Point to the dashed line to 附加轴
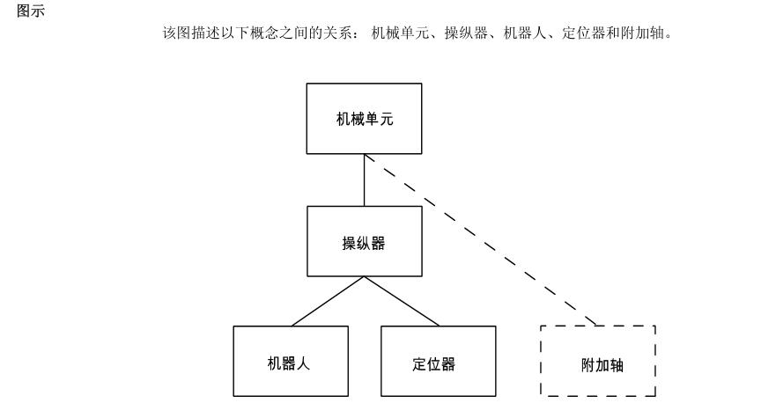[481, 240]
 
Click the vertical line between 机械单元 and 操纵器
[364, 180]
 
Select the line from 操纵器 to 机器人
[328, 301]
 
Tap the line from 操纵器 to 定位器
[402, 301]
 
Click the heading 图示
[31, 11]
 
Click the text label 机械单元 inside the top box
[365, 120]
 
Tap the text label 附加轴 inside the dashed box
[602, 365]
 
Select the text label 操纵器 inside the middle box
[364, 243]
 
